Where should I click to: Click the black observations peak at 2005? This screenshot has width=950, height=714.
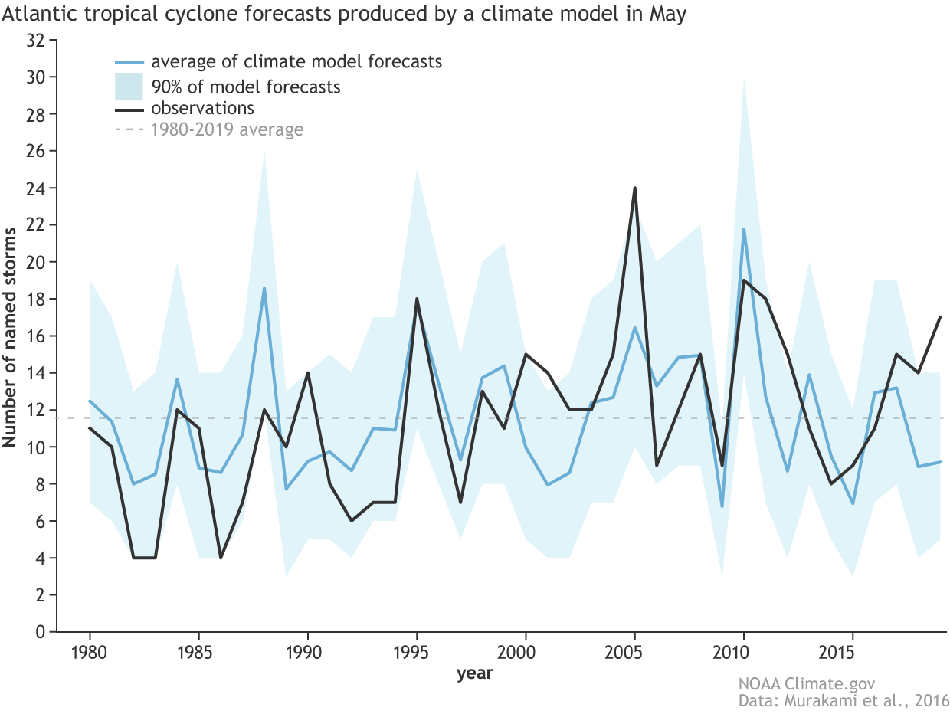pos(635,188)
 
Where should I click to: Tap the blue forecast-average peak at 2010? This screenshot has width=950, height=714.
pos(743,229)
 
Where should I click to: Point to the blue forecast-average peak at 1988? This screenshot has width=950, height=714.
pos(264,288)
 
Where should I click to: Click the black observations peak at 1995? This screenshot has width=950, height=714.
pos(416,299)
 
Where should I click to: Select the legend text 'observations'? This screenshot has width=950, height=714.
pos(202,108)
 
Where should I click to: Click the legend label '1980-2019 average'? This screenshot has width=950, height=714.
pos(227,129)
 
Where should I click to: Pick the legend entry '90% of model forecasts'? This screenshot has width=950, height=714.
pos(246,86)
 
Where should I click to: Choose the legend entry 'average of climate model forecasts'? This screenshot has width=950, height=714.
pos(296,61)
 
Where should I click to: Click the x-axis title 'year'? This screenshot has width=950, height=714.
pos(475,674)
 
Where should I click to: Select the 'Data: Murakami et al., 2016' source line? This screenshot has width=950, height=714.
pos(843,700)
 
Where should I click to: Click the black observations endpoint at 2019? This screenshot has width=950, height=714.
pos(940,317)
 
